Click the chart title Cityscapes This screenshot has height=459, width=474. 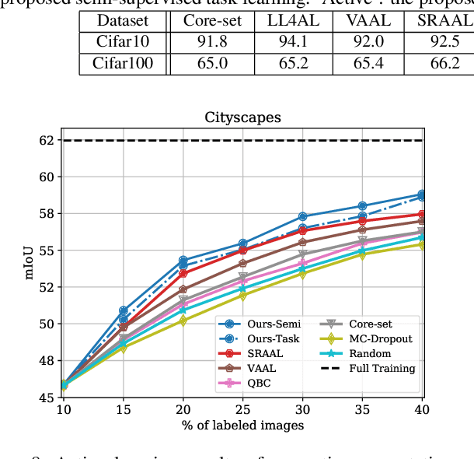(242, 118)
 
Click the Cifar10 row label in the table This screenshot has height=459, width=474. (124, 41)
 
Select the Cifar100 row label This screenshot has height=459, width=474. (124, 63)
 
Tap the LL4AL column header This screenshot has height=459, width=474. (287, 20)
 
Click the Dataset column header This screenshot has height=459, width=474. (124, 20)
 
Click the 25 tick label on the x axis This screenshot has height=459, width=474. (242, 410)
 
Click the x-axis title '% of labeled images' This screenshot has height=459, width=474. (242, 425)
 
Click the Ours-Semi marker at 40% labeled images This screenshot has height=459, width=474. (422, 194)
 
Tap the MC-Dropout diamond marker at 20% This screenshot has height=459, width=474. (183, 321)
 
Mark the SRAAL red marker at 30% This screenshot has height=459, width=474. (302, 230)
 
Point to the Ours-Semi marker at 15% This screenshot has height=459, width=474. (123, 311)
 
